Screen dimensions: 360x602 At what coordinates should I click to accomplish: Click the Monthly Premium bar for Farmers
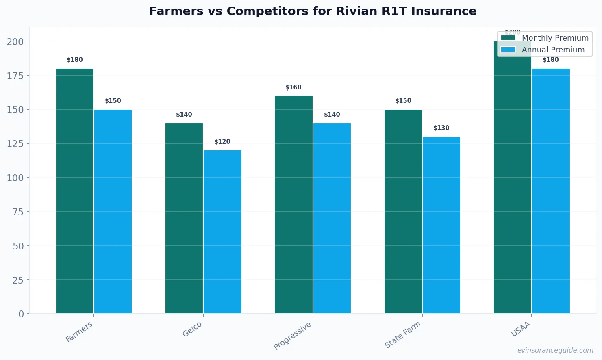coord(75,191)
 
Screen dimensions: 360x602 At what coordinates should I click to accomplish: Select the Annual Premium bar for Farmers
coord(113,211)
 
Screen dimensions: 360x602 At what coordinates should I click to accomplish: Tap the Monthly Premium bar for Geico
coord(184,218)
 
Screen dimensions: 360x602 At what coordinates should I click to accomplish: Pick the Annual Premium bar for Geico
coord(222,232)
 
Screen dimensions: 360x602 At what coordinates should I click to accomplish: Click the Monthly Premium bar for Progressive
coord(293,204)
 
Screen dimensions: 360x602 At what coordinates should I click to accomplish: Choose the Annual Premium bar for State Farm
coord(441,225)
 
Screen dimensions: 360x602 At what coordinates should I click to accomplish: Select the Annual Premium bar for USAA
coord(551,191)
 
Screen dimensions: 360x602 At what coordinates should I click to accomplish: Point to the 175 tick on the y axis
coord(15,76)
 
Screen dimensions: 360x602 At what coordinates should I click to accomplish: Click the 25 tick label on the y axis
coord(18,280)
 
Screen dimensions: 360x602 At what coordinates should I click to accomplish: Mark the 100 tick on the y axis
coord(15,178)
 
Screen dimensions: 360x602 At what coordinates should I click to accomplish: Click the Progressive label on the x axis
coord(293,335)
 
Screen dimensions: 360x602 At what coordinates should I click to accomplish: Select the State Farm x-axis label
coord(402,334)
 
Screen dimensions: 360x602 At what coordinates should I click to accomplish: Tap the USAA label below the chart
coord(521,329)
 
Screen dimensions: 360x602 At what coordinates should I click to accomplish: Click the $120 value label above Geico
coord(222,142)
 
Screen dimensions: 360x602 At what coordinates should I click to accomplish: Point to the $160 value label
coord(293,87)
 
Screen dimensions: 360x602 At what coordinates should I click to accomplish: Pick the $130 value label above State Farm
coord(441,128)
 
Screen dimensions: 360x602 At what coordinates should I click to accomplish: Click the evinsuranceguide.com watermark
coord(555,350)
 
